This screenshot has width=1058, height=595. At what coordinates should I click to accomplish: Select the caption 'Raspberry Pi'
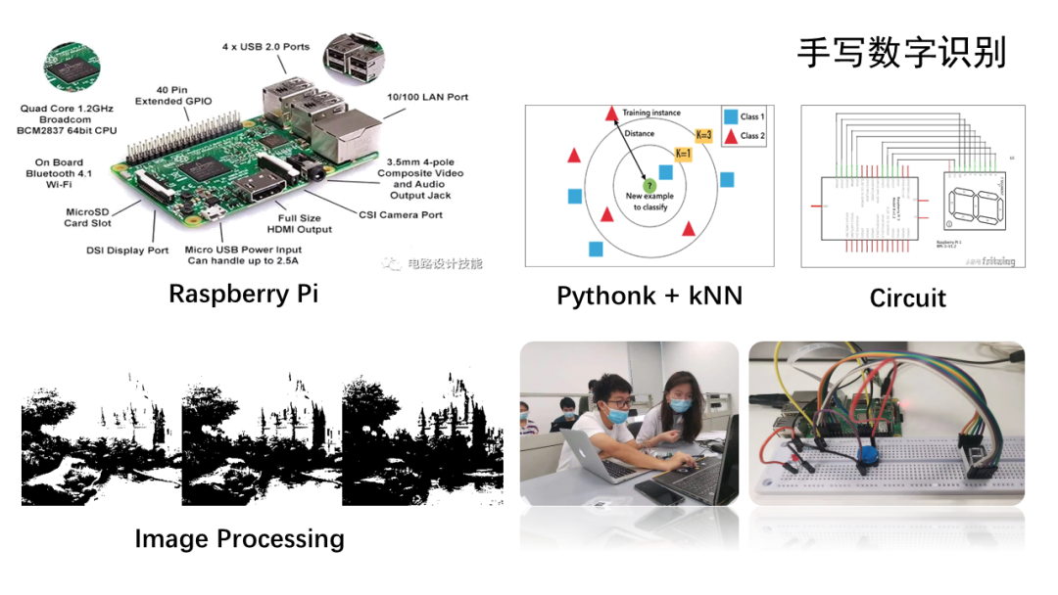click(x=243, y=294)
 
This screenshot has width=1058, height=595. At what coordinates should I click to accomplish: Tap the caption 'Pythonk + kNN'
click(x=649, y=295)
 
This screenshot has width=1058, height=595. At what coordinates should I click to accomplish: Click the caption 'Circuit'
click(x=907, y=297)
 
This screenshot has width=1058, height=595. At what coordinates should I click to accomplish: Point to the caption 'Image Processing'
click(x=239, y=538)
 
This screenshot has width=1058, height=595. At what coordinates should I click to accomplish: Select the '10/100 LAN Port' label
click(x=428, y=97)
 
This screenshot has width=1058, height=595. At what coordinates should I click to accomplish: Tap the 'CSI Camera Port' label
click(x=401, y=214)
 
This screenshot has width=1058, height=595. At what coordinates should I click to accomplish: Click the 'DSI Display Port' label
click(x=127, y=250)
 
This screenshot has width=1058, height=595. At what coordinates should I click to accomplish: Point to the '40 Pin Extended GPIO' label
click(x=173, y=94)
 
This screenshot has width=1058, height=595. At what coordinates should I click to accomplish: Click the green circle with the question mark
click(x=648, y=185)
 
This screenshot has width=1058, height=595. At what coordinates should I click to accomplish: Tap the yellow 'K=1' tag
click(x=683, y=153)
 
